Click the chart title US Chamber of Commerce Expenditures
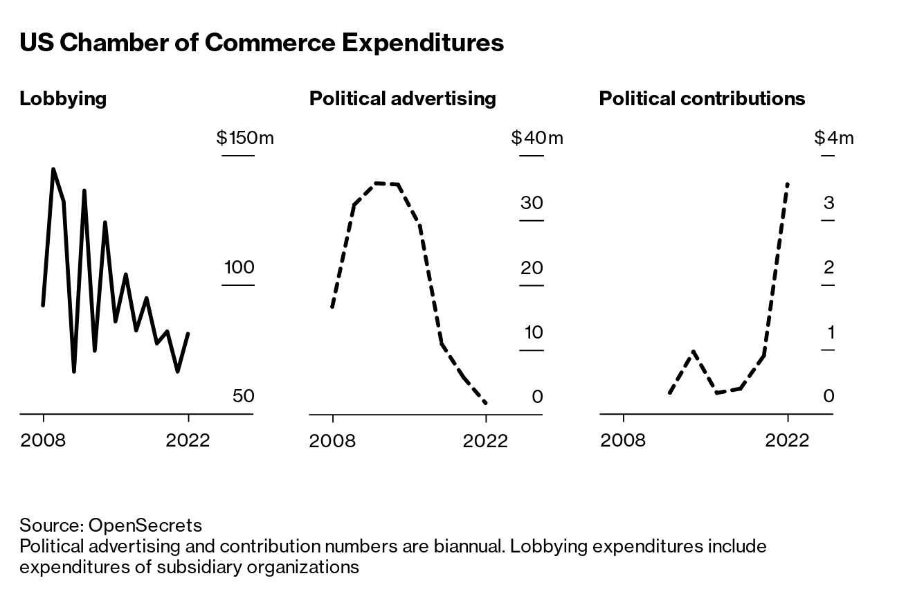(261, 43)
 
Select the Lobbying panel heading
(63, 98)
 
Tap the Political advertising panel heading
(402, 98)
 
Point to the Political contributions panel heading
(702, 98)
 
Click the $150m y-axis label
(245, 138)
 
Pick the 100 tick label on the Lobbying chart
(239, 267)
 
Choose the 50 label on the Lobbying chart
(243, 396)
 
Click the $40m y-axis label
(537, 138)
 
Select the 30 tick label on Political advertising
(532, 203)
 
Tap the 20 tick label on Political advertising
(532, 267)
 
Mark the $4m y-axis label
(834, 138)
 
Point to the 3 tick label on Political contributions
(828, 203)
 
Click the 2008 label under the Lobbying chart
(43, 440)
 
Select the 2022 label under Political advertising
(486, 440)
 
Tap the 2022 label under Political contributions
(787, 440)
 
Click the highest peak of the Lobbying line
(53, 169)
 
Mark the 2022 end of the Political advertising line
(486, 403)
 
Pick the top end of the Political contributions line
(788, 183)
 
